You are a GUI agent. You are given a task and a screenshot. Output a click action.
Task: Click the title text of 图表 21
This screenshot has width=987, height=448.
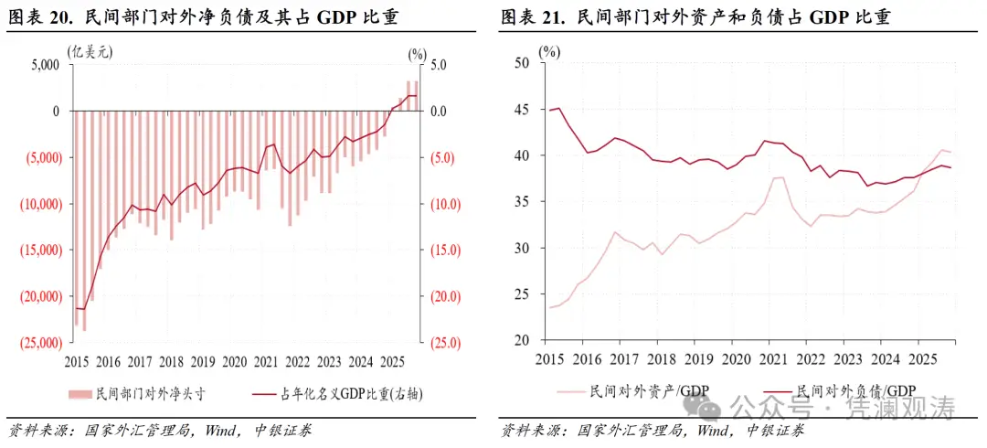tap(695, 17)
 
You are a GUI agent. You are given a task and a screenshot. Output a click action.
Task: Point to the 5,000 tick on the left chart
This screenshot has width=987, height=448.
tap(42, 65)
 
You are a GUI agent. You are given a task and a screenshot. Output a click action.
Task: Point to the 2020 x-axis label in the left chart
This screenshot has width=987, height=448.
tap(234, 361)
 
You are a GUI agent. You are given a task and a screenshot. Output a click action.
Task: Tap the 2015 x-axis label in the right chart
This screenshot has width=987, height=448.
tap(551, 359)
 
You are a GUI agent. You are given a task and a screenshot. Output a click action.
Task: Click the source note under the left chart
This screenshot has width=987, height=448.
tap(160, 430)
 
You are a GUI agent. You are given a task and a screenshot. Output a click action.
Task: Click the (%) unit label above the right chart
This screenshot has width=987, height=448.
tap(549, 52)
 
